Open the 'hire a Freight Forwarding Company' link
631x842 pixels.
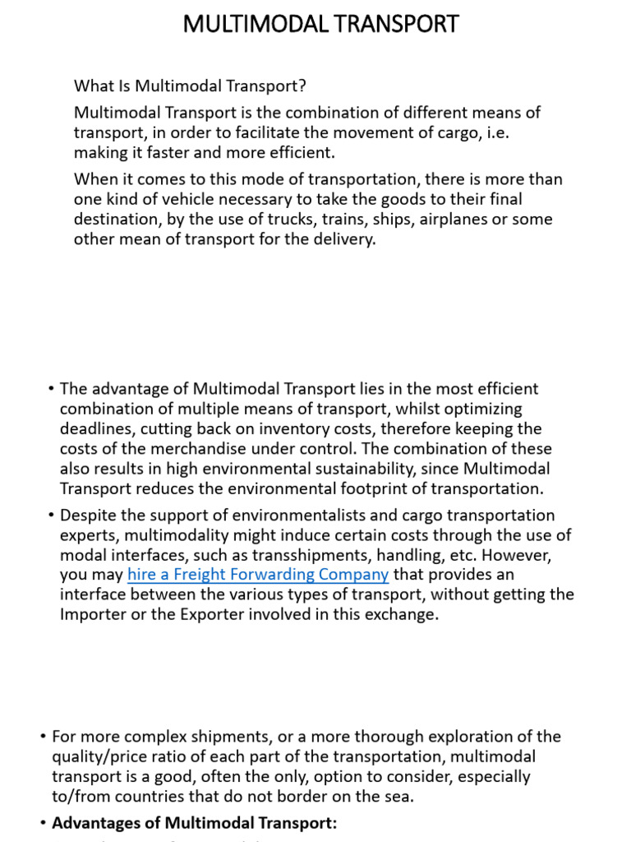258,574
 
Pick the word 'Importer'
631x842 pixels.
94,613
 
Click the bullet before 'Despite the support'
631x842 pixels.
51,516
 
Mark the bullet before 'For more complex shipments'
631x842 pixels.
43,737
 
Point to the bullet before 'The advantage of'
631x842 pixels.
51,389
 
